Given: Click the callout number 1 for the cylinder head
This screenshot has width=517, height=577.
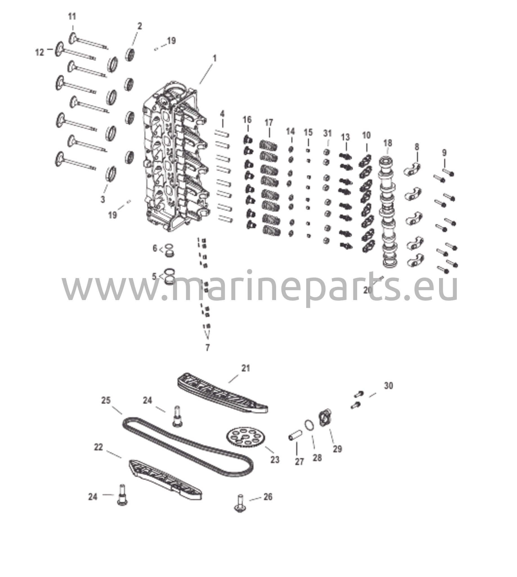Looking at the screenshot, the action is tap(215, 58).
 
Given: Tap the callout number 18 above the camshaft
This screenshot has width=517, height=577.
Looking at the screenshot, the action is tap(388, 143).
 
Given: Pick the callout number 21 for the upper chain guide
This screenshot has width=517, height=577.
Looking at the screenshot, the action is tap(246, 368).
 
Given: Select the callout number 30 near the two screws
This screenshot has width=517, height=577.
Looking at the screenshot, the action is tap(389, 386).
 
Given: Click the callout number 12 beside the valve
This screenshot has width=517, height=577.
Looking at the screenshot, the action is tap(39, 52).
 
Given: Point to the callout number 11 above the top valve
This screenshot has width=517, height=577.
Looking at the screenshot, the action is tap(72, 17).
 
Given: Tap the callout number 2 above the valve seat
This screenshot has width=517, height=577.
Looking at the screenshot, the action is tap(140, 26).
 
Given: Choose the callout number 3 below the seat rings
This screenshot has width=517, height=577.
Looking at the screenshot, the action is tap(103, 199).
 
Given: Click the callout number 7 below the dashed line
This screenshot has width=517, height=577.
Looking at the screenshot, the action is tap(208, 347).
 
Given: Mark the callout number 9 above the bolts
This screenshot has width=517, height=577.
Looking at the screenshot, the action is tap(444, 153).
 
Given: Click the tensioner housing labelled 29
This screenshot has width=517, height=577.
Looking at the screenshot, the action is tap(325, 418).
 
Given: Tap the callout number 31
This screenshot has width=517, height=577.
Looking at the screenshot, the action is tap(328, 133).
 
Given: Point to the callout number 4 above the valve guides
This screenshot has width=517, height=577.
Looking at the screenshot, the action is tap(222, 114).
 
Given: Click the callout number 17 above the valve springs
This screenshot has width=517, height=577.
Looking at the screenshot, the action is tap(269, 123).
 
